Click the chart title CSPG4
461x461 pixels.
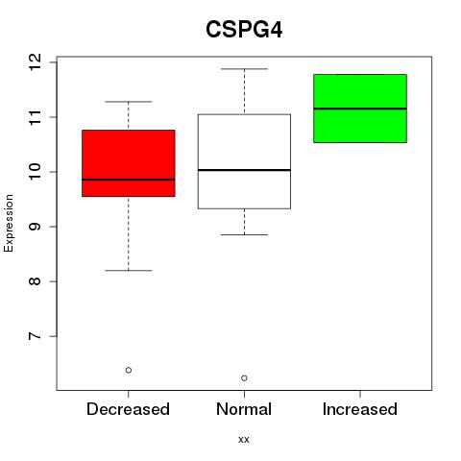[244, 30]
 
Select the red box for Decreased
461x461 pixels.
[129, 163]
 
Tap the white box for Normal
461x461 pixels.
[244, 161]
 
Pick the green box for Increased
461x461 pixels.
[360, 109]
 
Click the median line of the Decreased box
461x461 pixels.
[129, 180]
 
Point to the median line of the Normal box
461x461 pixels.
[244, 170]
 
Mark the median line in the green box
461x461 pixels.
[360, 109]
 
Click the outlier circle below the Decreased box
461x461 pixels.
[129, 370]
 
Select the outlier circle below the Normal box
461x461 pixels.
[244, 378]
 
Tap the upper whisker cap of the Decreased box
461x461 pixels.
[129, 102]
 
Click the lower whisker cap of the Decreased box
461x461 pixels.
[129, 271]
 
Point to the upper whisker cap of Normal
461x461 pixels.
[244, 69]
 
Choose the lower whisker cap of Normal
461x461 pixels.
[244, 234]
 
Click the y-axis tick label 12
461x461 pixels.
[35, 62]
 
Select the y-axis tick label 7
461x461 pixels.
[35, 336]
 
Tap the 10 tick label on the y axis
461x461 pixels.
[35, 172]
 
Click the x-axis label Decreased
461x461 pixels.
[128, 409]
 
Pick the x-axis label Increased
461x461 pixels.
[360, 409]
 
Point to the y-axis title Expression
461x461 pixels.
[9, 223]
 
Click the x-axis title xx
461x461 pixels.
[244, 440]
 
